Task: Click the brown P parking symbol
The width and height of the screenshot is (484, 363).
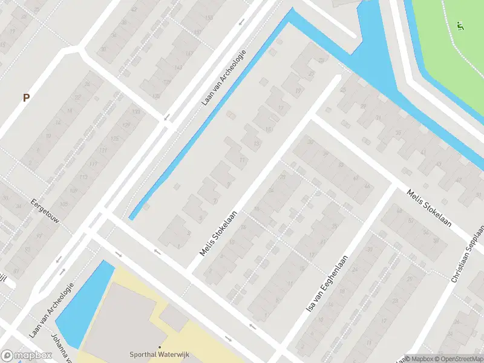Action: (26, 97)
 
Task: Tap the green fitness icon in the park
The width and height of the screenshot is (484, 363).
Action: (460, 26)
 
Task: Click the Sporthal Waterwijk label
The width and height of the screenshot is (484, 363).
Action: (159, 355)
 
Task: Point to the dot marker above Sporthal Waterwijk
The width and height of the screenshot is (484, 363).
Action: (159, 347)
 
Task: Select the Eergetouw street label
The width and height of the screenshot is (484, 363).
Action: (47, 209)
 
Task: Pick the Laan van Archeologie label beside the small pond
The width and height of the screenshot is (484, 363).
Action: (51, 310)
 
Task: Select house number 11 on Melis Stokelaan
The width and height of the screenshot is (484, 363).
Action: (242, 160)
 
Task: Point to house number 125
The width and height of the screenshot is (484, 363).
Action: (114, 139)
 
